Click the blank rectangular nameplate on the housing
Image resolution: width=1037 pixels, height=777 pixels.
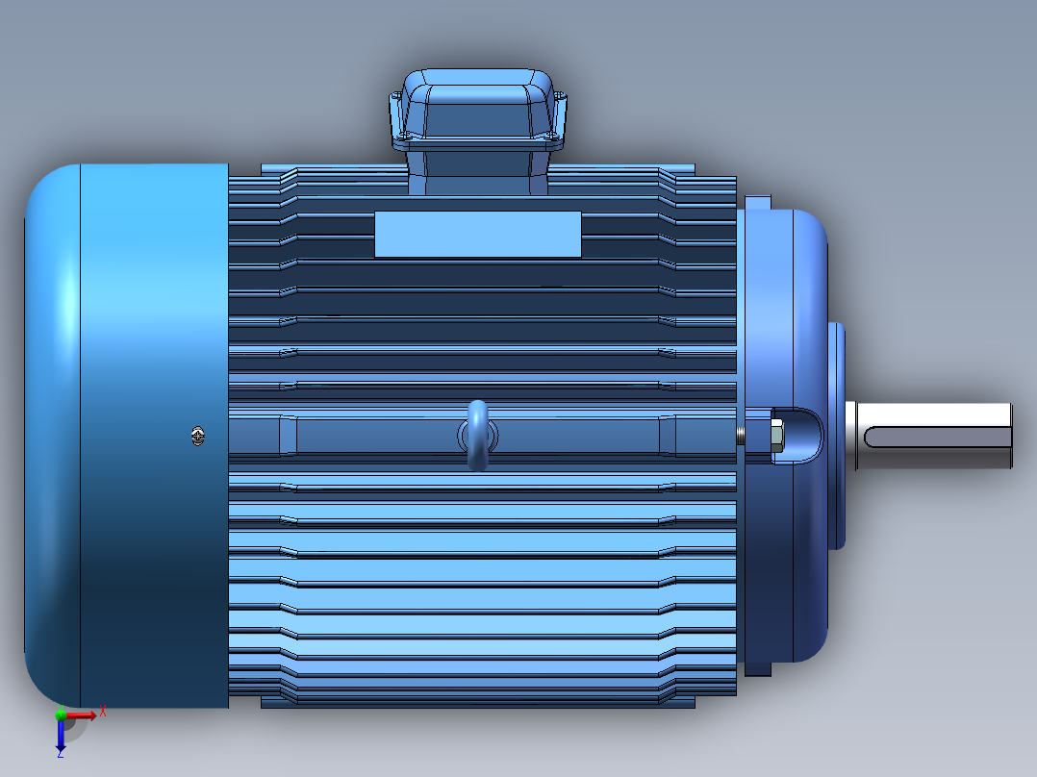(x=477, y=234)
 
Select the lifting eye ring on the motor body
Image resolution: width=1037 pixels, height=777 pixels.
(x=477, y=436)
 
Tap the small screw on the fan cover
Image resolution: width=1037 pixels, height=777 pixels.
(x=197, y=436)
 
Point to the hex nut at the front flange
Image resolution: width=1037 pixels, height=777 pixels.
(x=774, y=436)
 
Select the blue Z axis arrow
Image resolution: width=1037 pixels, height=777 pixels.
(x=61, y=736)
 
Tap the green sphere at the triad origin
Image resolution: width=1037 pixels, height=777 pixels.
(x=61, y=714)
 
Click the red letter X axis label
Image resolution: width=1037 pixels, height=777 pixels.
(x=102, y=713)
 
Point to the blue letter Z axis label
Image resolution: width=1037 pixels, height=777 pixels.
(x=60, y=755)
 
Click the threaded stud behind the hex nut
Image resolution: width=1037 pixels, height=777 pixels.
(x=741, y=436)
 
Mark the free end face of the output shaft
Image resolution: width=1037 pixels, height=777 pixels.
(x=1011, y=436)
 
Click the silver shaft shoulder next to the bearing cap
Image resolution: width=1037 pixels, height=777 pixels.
(x=853, y=436)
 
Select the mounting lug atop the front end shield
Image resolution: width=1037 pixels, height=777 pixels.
(x=758, y=204)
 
